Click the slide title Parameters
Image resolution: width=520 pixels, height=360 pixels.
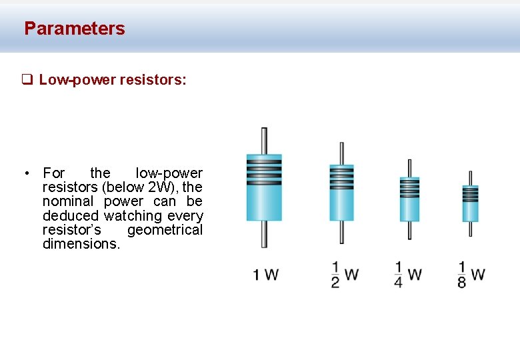(74, 29)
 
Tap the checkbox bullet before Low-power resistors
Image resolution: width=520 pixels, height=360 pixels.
(27, 81)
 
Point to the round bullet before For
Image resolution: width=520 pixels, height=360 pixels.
(25, 174)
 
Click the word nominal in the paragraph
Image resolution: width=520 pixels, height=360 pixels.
(69, 201)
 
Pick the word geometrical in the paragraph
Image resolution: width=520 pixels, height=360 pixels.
(165, 230)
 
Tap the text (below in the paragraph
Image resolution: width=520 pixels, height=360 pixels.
(123, 187)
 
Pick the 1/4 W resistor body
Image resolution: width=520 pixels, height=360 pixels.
(409, 199)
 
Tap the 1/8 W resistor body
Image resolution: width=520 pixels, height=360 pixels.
(470, 203)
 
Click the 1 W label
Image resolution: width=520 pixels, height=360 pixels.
(265, 274)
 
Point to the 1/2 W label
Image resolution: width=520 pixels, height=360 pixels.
(345, 274)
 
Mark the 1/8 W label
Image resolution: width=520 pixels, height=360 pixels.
(471, 274)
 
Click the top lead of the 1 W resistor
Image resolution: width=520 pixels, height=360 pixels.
(264, 140)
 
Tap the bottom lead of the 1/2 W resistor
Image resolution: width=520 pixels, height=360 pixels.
(342, 231)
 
